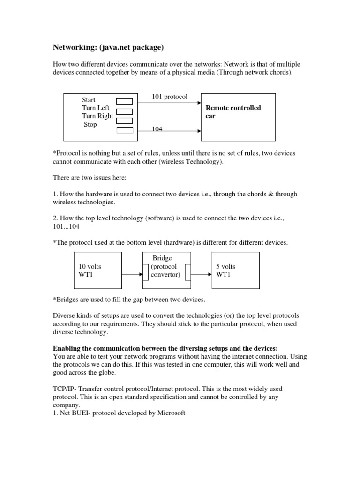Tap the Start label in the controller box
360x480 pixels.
pyautogui.click(x=89, y=100)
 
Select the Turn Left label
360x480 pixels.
pyautogui.click(x=96, y=108)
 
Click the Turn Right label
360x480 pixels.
pyautogui.click(x=97, y=116)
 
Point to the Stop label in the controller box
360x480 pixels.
pyautogui.click(x=90, y=125)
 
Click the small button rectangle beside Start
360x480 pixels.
pyautogui.click(x=124, y=101)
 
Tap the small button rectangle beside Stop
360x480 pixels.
pyautogui.click(x=124, y=130)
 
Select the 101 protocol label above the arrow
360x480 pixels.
pyautogui.click(x=169, y=97)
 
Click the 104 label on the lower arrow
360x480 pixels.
pyautogui.click(x=157, y=129)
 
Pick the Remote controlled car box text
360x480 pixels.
pyautogui.click(x=233, y=112)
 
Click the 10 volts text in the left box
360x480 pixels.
pyautogui.click(x=90, y=266)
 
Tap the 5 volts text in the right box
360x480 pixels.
pyautogui.click(x=225, y=266)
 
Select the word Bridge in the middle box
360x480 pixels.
pyautogui.click(x=162, y=258)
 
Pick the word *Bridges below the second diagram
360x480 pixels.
pyautogui.click(x=66, y=300)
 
